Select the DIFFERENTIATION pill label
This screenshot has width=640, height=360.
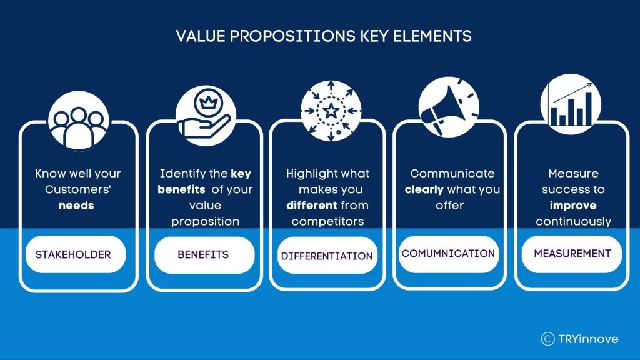click(327, 256)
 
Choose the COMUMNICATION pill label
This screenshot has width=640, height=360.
click(449, 254)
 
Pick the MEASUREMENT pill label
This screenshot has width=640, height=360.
click(572, 254)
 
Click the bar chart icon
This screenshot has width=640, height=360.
click(571, 104)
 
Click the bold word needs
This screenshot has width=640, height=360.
click(76, 206)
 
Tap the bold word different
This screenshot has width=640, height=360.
click(312, 205)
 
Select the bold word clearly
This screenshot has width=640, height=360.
click(424, 190)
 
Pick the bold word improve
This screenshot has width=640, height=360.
click(573, 206)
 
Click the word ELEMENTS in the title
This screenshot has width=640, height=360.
click(432, 36)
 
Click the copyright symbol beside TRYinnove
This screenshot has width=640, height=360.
click(547, 339)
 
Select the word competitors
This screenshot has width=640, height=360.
click(327, 222)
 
